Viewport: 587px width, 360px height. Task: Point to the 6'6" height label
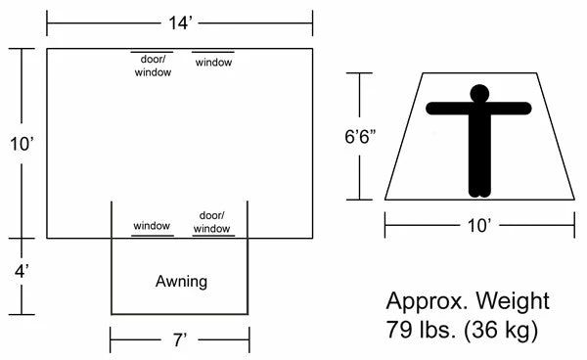(360, 137)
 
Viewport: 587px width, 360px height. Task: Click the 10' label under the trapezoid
(479, 227)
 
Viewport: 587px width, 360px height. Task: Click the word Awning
(181, 282)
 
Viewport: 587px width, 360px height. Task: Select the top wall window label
(213, 63)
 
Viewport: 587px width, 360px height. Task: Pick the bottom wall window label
(153, 226)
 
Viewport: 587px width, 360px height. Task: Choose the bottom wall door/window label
(212, 222)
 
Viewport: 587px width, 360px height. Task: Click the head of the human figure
(479, 94)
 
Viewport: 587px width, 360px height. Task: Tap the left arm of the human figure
(450, 108)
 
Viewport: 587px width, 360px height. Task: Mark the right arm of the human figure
(510, 108)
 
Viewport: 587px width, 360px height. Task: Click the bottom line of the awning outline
(179, 314)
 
